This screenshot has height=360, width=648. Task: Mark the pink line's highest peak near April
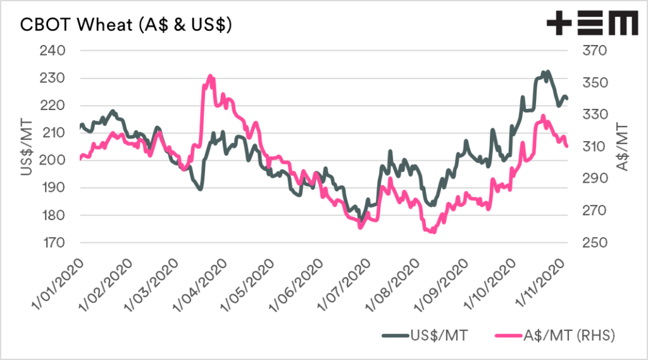(210, 76)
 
